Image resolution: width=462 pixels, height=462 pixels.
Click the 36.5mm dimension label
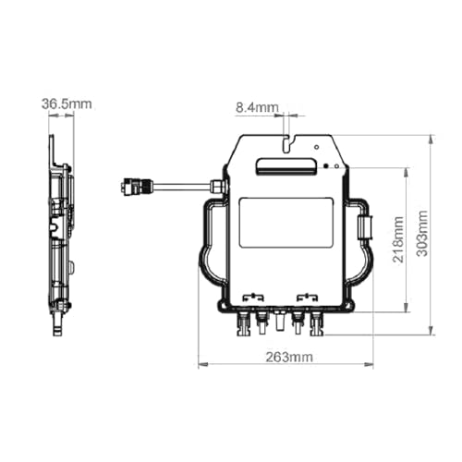(x=67, y=103)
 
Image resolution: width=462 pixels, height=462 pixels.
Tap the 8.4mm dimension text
(x=257, y=107)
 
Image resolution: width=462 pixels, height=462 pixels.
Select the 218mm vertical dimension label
(x=398, y=239)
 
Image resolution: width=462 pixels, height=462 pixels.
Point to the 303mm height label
(x=422, y=233)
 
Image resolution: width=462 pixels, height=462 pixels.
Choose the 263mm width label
(x=289, y=358)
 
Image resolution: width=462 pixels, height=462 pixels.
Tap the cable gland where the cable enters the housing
(x=218, y=186)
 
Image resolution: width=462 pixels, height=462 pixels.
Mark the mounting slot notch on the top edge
(x=288, y=143)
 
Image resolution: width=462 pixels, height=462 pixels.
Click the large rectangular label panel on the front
(x=286, y=223)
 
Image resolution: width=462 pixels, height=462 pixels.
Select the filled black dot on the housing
(x=326, y=166)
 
